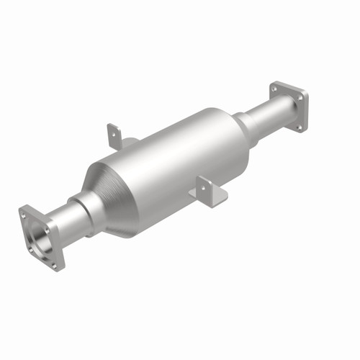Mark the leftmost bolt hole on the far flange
tap(274, 88)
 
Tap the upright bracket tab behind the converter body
tap(114, 136)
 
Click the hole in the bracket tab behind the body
tap(113, 131)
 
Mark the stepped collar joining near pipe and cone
tap(85, 209)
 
